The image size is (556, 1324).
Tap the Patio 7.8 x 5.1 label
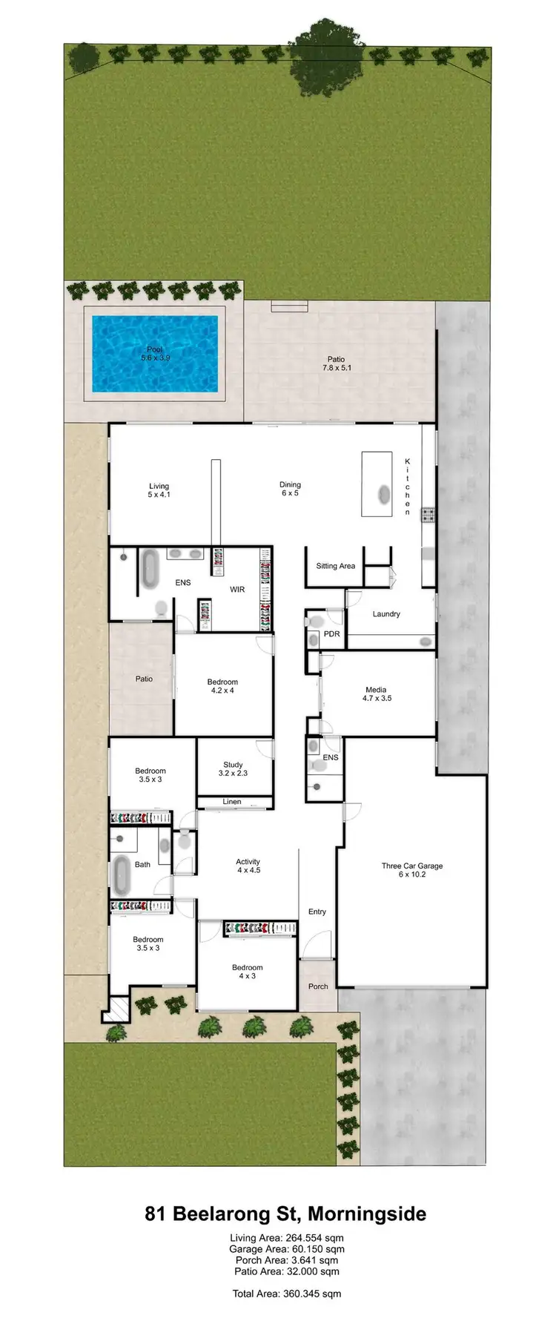[x=336, y=363]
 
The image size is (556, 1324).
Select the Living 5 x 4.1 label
[x=159, y=490]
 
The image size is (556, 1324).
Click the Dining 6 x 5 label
[x=289, y=489]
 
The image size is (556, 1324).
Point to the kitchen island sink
[x=383, y=493]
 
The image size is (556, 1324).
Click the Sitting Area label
[x=335, y=566]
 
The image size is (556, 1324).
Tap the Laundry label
[x=386, y=614]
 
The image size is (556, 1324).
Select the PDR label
[x=331, y=634]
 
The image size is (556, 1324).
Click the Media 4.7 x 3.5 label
[x=377, y=694]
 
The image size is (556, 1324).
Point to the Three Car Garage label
[x=412, y=870]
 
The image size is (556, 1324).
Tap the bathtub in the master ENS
[x=150, y=570]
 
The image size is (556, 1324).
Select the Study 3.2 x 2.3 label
[x=233, y=768]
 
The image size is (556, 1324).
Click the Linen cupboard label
[x=232, y=802]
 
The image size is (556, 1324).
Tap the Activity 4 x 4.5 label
[x=248, y=866]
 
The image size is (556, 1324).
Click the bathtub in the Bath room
[x=122, y=875]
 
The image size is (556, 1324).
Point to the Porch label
[x=318, y=987]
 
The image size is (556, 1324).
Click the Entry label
[x=317, y=912]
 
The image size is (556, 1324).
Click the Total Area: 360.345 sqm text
[x=286, y=1294]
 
